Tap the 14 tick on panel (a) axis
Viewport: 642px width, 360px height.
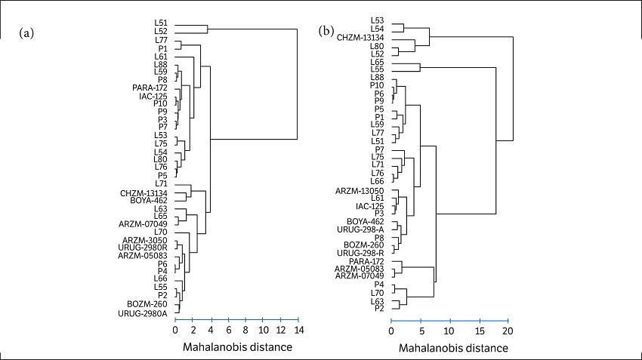point(298,320)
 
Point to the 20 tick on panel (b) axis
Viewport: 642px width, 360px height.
point(508,321)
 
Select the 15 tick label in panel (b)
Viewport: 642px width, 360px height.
point(479,331)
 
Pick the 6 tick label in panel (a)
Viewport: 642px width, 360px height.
point(228,331)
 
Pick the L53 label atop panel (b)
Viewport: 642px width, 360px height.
point(378,20)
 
